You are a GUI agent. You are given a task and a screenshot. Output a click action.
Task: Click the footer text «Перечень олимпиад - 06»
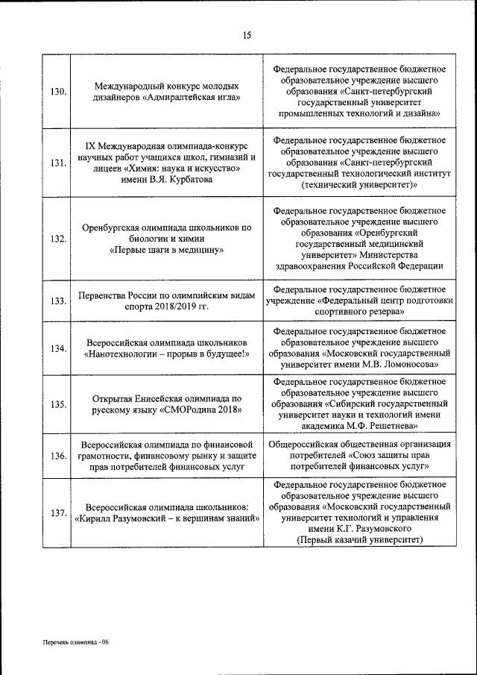pyautogui.click(x=75, y=642)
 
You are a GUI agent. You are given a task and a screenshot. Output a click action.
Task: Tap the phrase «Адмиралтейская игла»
pyautogui.click(x=192, y=97)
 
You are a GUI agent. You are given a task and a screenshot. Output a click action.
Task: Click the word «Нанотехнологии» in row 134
pyautogui.click(x=121, y=354)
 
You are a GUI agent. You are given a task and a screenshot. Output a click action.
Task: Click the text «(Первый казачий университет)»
pyautogui.click(x=360, y=539)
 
